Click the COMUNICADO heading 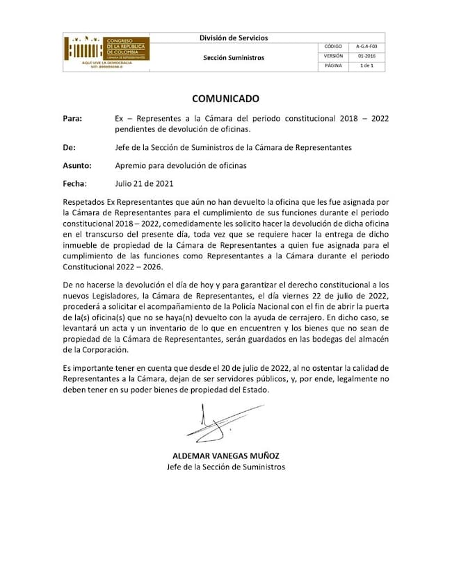(225, 99)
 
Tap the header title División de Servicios (234, 38)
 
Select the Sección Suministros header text (234, 58)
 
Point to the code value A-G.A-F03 (366, 46)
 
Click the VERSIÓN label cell (334, 56)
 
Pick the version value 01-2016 (366, 56)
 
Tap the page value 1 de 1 (366, 65)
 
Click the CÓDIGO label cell (334, 46)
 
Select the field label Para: (72, 119)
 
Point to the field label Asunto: (76, 165)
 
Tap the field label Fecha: (74, 184)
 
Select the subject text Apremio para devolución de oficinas (181, 165)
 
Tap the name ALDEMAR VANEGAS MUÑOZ (225, 456)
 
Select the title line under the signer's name (225, 467)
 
